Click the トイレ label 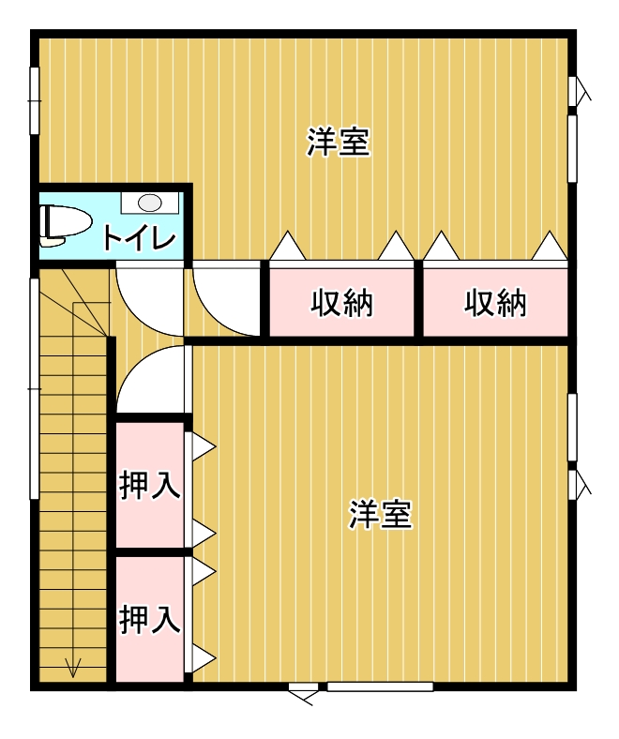(x=139, y=237)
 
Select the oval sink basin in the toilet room (x=150, y=204)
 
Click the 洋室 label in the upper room (x=338, y=142)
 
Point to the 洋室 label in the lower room (x=381, y=514)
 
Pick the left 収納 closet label (x=341, y=303)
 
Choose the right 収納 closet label (x=495, y=303)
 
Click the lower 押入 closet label (x=149, y=619)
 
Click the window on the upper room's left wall (x=35, y=101)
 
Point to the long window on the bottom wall (x=380, y=686)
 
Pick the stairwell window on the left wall (x=35, y=389)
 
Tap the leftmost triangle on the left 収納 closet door (x=288, y=246)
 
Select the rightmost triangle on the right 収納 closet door (x=550, y=246)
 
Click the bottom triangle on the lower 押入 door (x=204, y=658)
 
